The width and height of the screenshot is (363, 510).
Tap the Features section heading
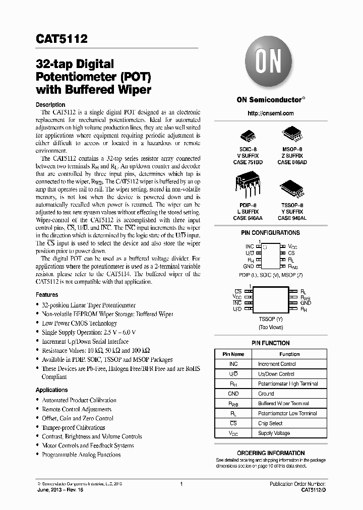(x=47, y=295)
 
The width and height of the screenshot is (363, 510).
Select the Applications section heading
(x=51, y=390)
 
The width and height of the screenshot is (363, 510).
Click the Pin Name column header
(x=233, y=354)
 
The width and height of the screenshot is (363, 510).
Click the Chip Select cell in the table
(x=270, y=423)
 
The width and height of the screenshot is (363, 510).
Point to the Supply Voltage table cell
(x=274, y=433)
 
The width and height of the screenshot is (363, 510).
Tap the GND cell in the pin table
(x=233, y=394)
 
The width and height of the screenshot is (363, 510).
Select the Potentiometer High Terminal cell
(x=288, y=384)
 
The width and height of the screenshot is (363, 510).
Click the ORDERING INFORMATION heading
(x=270, y=453)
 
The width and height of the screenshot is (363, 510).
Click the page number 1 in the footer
(x=181, y=484)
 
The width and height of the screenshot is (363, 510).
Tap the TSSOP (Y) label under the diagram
(x=271, y=320)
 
